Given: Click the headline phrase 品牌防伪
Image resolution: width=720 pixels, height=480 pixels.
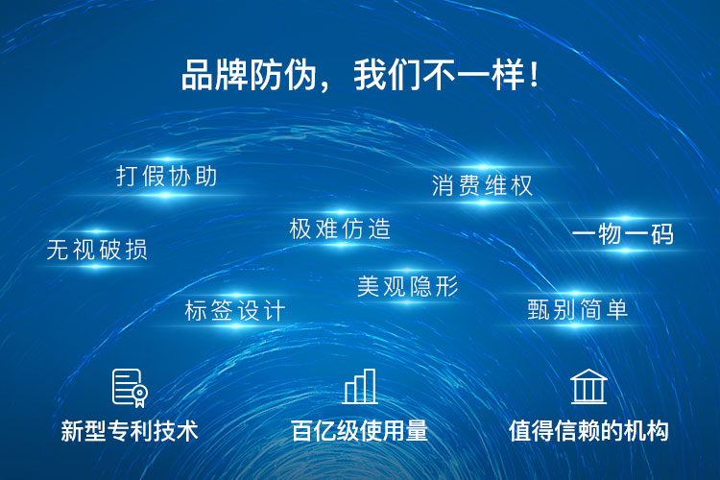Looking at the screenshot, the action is coord(250,75).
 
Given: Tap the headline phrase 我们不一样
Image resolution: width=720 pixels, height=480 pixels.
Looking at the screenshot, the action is coord(439,75).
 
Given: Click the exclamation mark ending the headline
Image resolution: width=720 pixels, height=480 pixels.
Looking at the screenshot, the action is coord(533,75).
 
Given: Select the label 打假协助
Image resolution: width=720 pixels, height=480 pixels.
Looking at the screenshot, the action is coord(166,176).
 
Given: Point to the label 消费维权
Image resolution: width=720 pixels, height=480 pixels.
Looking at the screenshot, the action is coord(482,185).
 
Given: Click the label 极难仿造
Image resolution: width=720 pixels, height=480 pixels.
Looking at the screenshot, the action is coord(340,228).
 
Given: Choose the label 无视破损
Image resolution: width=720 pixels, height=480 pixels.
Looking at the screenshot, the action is coord(97,250).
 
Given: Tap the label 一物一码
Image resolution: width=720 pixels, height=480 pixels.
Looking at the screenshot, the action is coord(623,234).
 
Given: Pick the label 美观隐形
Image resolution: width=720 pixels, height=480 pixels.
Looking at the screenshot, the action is coord(408,286).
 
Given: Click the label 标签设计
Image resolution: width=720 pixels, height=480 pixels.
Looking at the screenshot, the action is coord(234,310).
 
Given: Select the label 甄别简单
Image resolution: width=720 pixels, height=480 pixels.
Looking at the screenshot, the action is coord(577,309).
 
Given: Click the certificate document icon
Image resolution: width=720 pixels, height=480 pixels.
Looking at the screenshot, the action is coord(130,388).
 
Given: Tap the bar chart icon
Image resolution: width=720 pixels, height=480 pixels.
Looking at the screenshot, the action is coord(360,386).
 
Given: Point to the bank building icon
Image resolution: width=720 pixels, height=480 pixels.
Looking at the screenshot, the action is coord(588,386).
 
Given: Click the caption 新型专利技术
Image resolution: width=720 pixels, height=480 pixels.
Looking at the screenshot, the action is coord(129,431).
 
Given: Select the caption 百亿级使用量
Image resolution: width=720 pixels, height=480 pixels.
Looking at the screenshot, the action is coord(359,431).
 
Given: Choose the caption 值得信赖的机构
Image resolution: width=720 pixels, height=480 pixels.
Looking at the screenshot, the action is coord(588,431).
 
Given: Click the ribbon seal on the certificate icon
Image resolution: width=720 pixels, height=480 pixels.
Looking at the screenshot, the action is coord(139,395).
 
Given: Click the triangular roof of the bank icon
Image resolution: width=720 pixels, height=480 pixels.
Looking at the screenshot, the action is coord(588,374).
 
